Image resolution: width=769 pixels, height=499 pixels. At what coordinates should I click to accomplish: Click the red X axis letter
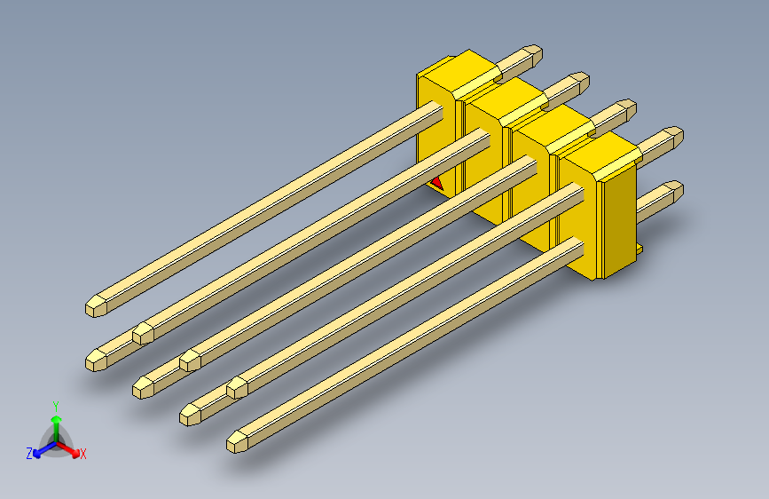coord(83,454)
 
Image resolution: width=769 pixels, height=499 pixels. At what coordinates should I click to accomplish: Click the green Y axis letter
coord(55,405)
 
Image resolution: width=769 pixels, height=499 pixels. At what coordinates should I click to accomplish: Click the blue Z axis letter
coord(29,453)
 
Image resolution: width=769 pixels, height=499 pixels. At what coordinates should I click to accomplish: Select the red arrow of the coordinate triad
coord(69,448)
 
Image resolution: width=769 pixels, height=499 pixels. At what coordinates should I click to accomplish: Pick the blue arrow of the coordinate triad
coord(42,449)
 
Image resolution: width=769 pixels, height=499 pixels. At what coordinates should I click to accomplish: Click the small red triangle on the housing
coord(436,183)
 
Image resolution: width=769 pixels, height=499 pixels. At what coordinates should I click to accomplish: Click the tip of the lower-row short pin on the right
coord(675,189)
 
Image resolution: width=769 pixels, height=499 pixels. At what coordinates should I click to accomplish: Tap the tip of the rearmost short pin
coord(533,52)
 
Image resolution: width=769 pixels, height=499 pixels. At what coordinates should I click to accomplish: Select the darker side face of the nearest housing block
coord(620,218)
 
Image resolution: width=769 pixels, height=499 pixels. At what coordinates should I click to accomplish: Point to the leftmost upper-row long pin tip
coord(96,305)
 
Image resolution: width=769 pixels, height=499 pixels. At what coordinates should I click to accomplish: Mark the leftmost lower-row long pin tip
coord(96,360)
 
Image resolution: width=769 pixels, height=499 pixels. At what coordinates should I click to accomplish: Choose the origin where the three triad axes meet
coord(56,441)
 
